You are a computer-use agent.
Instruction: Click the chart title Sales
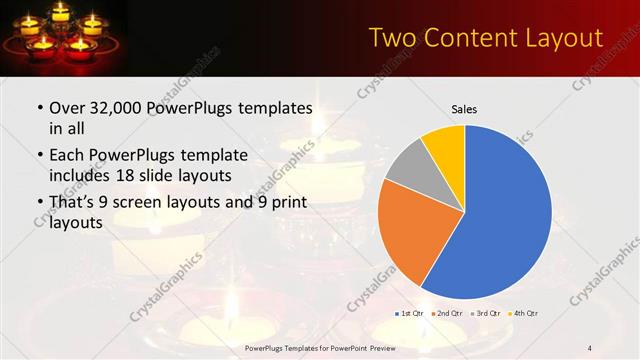(x=464, y=108)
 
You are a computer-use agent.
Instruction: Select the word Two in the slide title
(x=392, y=38)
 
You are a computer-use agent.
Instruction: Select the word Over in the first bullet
(x=67, y=108)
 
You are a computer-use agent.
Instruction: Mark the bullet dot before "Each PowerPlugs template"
(x=39, y=155)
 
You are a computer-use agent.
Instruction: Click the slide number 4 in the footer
(x=590, y=347)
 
